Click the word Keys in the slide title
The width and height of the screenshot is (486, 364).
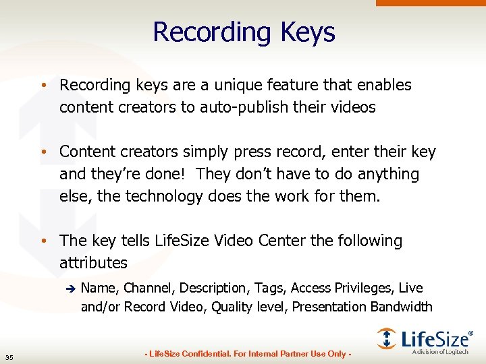308,32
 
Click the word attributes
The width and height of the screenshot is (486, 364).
93,262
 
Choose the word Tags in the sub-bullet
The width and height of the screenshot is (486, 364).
270,288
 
